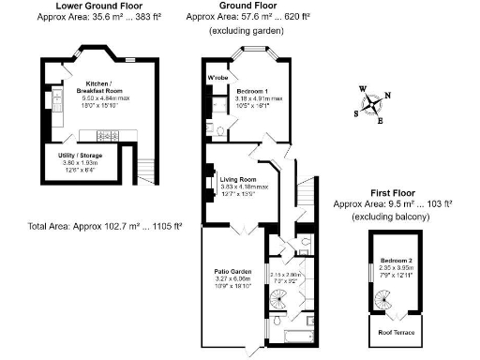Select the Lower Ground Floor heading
(93, 6)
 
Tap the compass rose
(373, 102)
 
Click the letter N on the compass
(387, 95)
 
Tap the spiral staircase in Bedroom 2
(384, 299)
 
